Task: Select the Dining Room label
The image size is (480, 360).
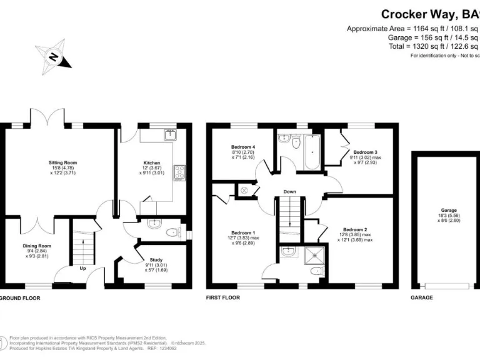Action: point(37,246)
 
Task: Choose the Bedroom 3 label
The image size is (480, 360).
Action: point(366,152)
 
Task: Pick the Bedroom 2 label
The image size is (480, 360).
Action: point(354,229)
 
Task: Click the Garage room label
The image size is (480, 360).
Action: point(449,210)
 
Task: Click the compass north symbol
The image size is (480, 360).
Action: point(55,57)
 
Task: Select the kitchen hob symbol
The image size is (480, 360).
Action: point(179,171)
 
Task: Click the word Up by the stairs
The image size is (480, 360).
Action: point(82,268)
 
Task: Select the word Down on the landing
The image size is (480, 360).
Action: point(289,191)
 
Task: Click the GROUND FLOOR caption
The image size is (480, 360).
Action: point(20,298)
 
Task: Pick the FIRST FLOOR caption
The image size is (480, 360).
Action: point(223,298)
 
